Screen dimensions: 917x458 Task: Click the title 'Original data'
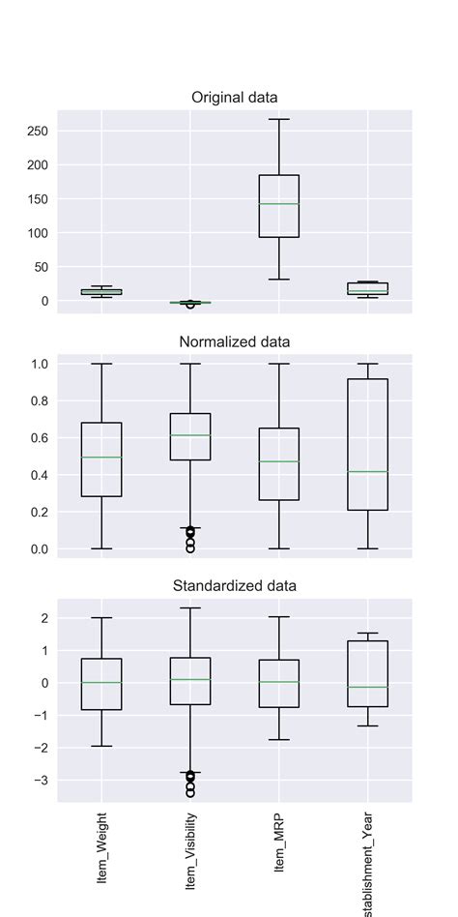click(235, 98)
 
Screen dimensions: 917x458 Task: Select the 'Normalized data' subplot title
click(235, 341)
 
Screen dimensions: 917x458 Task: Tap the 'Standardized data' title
click(235, 585)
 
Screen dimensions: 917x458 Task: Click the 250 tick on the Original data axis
click(39, 131)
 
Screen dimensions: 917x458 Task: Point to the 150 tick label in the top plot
click(39, 199)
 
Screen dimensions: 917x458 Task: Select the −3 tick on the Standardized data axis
click(43, 781)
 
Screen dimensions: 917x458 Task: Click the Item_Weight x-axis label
click(101, 849)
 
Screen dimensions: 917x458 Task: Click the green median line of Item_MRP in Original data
click(279, 204)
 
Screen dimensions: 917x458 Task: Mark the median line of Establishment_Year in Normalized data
click(368, 471)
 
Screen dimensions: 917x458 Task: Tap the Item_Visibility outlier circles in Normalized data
click(190, 538)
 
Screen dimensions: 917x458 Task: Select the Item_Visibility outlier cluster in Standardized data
click(190, 783)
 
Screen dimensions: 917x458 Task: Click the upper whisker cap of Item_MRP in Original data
click(279, 119)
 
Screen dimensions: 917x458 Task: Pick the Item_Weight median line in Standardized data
click(101, 683)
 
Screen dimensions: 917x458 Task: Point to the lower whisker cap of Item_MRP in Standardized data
click(279, 740)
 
